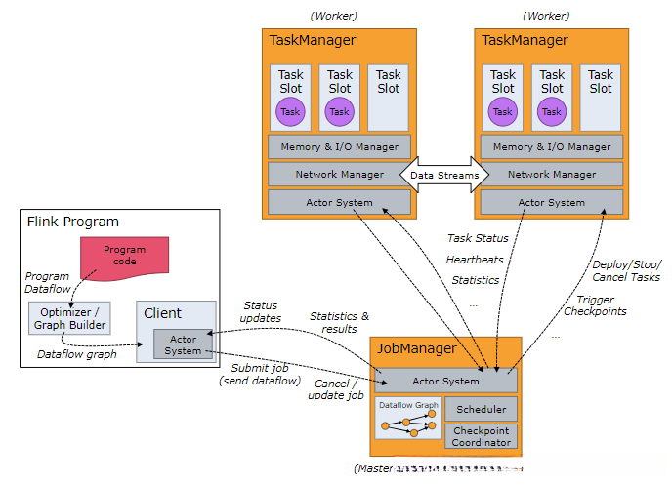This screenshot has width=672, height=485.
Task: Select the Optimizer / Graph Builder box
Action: [68, 318]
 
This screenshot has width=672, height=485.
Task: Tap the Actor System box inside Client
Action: [183, 344]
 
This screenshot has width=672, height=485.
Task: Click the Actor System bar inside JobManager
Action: [446, 381]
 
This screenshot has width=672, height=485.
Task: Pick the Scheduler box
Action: [481, 409]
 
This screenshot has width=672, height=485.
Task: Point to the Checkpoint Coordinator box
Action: [481, 436]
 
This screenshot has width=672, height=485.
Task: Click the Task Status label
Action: [478, 238]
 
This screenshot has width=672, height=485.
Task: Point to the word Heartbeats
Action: [476, 260]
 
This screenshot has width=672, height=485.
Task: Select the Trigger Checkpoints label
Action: [596, 305]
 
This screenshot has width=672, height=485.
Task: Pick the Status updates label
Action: [261, 312]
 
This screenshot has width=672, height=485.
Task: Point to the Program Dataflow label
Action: [45, 283]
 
